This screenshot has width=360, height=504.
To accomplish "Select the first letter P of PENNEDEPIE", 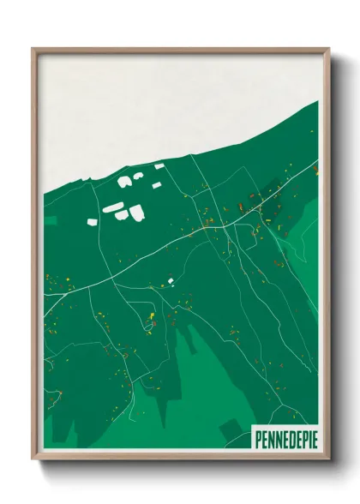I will (258, 439).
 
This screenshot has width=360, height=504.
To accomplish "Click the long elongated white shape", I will (112, 208).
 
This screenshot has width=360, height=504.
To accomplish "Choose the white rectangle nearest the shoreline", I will (159, 165).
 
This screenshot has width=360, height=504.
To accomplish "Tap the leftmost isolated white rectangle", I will (93, 222).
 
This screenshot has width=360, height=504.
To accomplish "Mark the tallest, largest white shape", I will (136, 212).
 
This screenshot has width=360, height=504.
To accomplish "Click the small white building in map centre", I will (171, 280).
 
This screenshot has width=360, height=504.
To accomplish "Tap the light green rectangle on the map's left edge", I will (49, 220).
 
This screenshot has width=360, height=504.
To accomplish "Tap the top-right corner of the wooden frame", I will (328, 49).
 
